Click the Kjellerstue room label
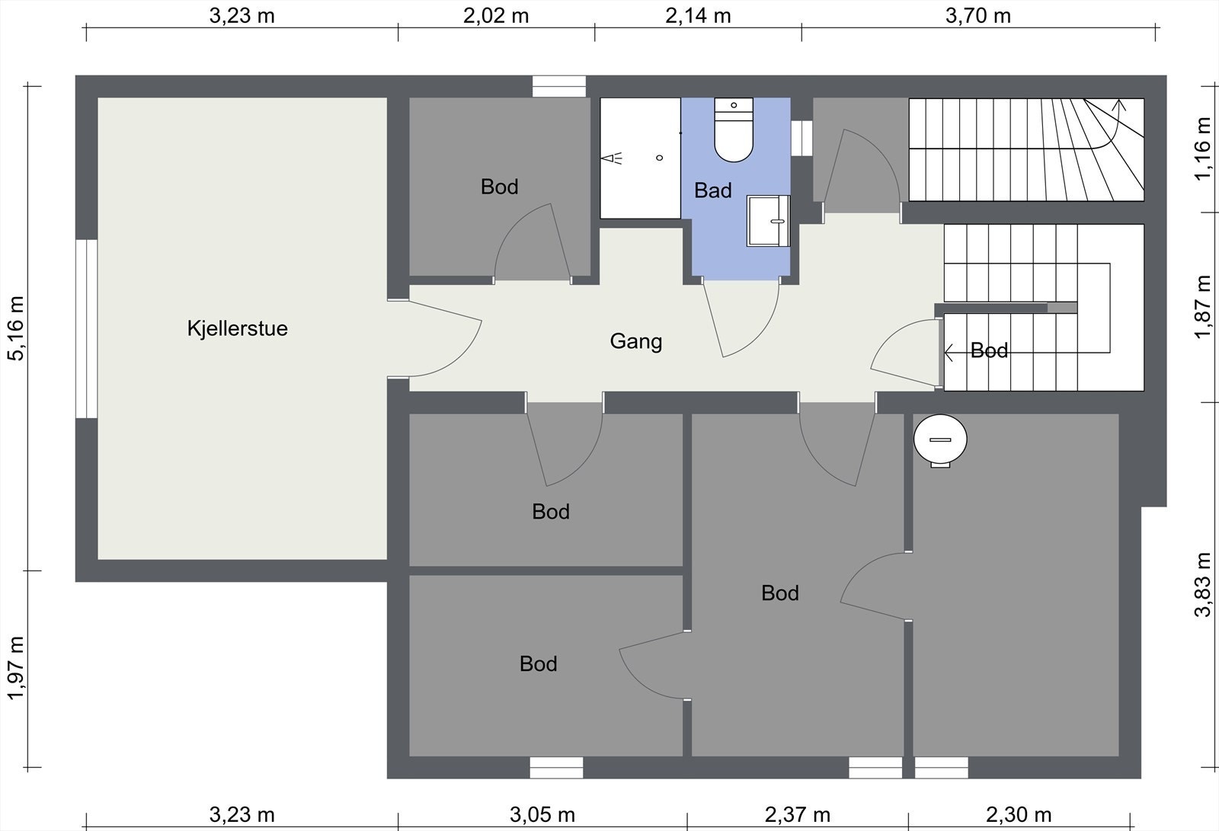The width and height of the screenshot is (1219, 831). click(237, 329)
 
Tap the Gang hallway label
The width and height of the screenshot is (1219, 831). click(635, 342)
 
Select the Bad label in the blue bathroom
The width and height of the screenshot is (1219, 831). click(713, 190)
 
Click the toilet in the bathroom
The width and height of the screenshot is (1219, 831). click(734, 129)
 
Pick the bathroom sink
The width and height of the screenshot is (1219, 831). click(768, 220)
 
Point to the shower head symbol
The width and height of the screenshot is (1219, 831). click(611, 158)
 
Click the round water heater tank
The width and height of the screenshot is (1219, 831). click(940, 439)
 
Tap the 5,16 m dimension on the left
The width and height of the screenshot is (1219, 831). click(16, 328)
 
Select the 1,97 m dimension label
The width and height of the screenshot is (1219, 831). click(16, 668)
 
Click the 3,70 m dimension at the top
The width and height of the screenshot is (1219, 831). click(978, 16)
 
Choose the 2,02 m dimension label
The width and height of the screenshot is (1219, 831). click(496, 16)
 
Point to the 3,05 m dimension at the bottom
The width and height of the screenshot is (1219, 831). click(542, 815)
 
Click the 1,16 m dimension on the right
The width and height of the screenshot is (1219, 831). click(1203, 149)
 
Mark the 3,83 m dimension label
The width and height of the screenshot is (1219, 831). click(1203, 585)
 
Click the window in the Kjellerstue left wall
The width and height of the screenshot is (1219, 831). click(86, 329)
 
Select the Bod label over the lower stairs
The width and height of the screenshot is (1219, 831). click(989, 350)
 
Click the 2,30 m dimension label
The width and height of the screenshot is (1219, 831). click(1018, 815)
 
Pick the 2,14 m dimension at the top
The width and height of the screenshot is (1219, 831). click(698, 16)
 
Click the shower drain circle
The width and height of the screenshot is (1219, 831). click(660, 158)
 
